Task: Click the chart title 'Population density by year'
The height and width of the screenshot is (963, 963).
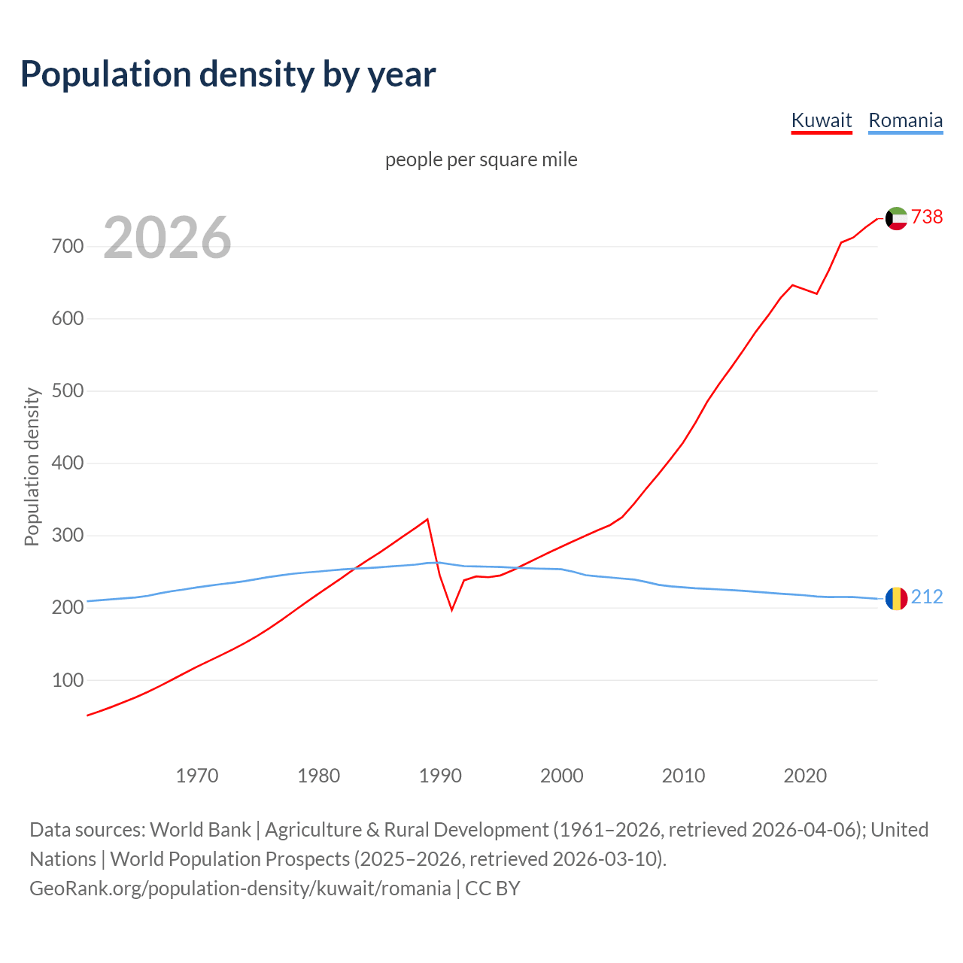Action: coord(228,74)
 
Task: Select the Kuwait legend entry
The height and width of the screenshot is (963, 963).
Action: coord(821,120)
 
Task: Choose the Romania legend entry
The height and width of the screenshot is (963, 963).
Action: coord(905,120)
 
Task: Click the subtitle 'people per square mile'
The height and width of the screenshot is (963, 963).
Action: coord(481,159)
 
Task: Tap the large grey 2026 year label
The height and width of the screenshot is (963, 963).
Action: coord(167,238)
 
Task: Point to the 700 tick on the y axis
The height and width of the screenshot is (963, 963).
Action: coord(68,246)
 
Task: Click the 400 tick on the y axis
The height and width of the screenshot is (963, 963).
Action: coord(68,463)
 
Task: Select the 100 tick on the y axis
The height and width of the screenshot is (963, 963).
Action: coord(68,680)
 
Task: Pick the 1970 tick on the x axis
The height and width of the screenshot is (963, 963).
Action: coord(197,775)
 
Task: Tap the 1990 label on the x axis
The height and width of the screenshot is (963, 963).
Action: coord(440,775)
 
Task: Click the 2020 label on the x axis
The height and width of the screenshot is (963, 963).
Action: coord(805,775)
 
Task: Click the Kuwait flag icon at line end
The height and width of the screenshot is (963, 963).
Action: coord(896,218)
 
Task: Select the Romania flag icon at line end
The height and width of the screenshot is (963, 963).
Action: coord(896,599)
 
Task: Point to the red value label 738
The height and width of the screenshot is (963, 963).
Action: coord(927,217)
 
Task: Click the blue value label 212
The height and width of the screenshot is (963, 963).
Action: coord(927,597)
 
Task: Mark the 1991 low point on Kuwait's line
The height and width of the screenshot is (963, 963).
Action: coord(452,609)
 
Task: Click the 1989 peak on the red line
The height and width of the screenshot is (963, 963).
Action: coord(427,519)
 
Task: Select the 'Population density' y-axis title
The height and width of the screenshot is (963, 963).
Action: coord(32,466)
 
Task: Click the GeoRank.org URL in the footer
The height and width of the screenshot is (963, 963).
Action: coord(240,888)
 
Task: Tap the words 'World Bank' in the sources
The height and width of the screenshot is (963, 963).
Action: coord(200,829)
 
